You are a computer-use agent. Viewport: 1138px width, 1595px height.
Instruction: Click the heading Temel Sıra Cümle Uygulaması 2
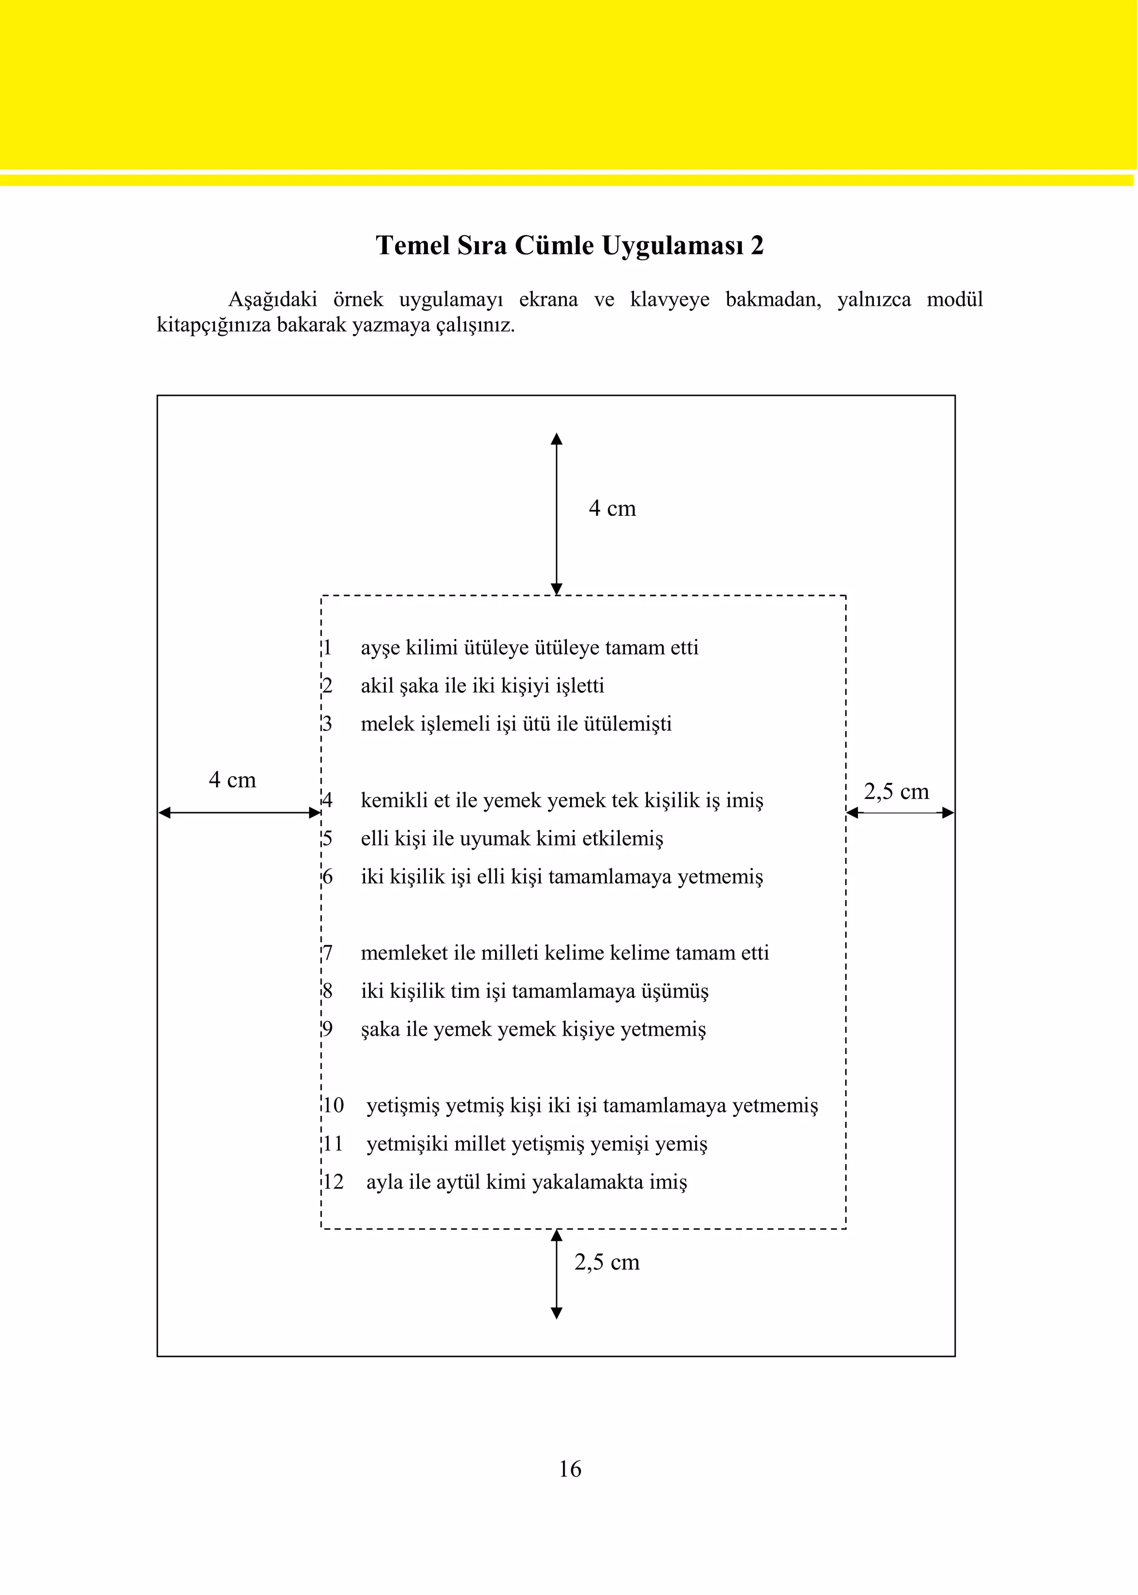569,245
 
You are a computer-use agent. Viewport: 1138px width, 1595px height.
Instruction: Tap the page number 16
570,1469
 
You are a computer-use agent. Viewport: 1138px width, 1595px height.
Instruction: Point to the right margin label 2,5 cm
896,792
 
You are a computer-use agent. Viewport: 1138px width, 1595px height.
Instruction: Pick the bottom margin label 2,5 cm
606,1262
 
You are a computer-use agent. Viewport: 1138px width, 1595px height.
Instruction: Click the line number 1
327,648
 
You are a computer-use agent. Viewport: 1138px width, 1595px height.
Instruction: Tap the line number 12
333,1182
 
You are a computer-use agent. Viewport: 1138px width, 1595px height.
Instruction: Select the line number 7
327,953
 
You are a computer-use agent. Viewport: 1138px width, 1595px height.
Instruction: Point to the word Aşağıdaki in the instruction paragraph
273,301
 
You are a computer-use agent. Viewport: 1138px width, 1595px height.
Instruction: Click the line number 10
333,1106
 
